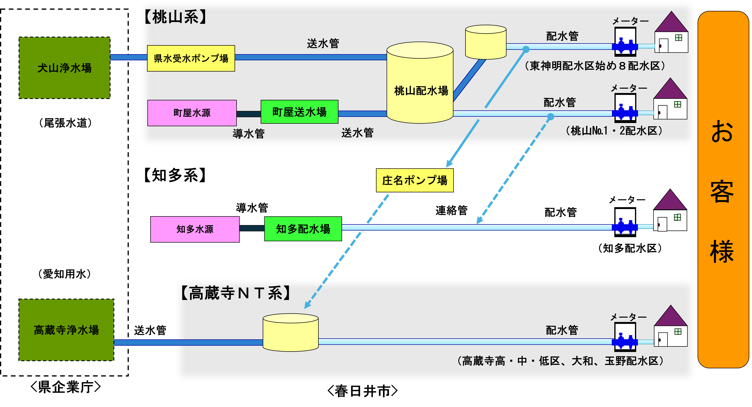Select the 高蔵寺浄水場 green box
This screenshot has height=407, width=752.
coord(66,330)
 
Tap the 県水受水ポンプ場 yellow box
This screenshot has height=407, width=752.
coord(191,58)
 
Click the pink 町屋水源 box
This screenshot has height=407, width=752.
coord(192,113)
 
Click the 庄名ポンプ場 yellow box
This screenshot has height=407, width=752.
coord(415,180)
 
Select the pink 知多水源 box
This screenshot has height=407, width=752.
coord(195,229)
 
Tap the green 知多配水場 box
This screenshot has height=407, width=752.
coord(303,229)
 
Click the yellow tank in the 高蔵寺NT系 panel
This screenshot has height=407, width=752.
coord(291,333)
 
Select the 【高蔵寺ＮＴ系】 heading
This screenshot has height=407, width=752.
coord(235,293)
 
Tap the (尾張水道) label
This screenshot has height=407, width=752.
coord(65,123)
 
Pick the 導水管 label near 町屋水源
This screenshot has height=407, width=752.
coord(248,134)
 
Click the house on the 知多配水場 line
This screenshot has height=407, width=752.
coord(670,211)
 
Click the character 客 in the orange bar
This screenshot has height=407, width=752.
coord(722,191)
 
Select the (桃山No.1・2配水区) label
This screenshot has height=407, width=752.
coord(614,131)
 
